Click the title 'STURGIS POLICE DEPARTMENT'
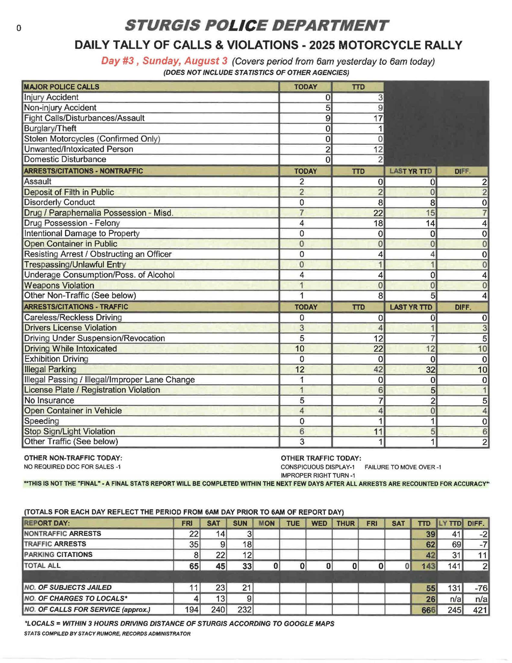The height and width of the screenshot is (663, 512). point(256,26)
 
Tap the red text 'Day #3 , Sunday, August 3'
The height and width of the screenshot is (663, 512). point(164,61)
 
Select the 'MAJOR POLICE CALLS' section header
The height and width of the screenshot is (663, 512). point(61,87)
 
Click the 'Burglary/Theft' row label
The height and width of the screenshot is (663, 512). point(50,129)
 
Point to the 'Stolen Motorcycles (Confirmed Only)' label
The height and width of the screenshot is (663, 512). point(92,139)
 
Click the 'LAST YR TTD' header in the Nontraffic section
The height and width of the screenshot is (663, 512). point(410,171)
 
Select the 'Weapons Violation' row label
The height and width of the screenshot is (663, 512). point(59,285)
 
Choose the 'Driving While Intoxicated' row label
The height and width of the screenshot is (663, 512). point(71,349)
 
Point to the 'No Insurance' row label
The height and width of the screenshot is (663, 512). point(49,400)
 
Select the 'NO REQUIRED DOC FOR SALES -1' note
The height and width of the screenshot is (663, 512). point(72,467)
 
